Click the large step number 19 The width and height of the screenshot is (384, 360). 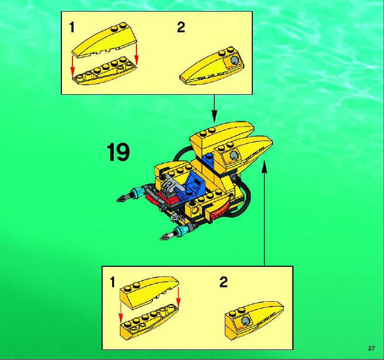[118, 152]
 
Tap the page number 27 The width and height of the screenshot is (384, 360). [371, 348]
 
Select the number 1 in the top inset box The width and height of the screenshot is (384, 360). [72, 27]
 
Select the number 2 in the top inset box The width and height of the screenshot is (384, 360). [181, 27]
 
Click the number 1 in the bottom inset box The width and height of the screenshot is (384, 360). [113, 282]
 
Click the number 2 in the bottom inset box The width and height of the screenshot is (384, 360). [223, 282]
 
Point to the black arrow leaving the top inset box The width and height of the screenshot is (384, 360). [214, 109]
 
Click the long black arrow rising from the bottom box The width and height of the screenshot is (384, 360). [264, 213]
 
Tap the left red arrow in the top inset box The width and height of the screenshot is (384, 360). [72, 66]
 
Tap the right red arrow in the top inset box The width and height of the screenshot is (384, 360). [136, 56]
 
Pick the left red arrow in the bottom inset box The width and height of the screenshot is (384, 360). [120, 313]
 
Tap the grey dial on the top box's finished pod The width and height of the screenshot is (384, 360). [234, 60]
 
